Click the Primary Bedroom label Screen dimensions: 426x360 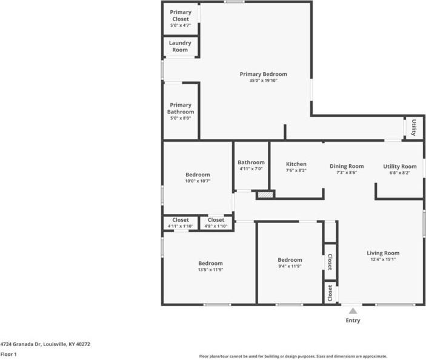point(263,74)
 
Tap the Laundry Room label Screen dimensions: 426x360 point(180,47)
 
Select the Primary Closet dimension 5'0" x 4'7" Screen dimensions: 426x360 point(181,25)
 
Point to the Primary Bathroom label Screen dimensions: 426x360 point(181,108)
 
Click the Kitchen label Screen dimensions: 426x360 point(296,164)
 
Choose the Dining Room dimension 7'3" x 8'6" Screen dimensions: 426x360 point(347,173)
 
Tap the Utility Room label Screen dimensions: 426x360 point(400,167)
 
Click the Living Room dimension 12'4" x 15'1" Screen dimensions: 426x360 point(383,259)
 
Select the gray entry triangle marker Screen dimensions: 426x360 point(353,311)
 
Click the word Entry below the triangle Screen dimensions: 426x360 point(353,321)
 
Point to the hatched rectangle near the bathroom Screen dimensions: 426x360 point(265,195)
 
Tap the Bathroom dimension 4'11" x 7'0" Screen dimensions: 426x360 point(251,168)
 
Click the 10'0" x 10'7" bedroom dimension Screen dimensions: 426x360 point(198,181)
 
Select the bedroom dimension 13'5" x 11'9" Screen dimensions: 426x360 point(210,270)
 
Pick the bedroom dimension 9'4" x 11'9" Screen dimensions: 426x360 point(290,266)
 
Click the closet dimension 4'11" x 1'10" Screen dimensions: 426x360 point(181,226)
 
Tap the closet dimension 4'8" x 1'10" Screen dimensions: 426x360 point(216,226)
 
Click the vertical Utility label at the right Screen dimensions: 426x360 point(414,127)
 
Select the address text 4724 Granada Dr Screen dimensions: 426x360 point(21,344)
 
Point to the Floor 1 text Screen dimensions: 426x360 point(8,355)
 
